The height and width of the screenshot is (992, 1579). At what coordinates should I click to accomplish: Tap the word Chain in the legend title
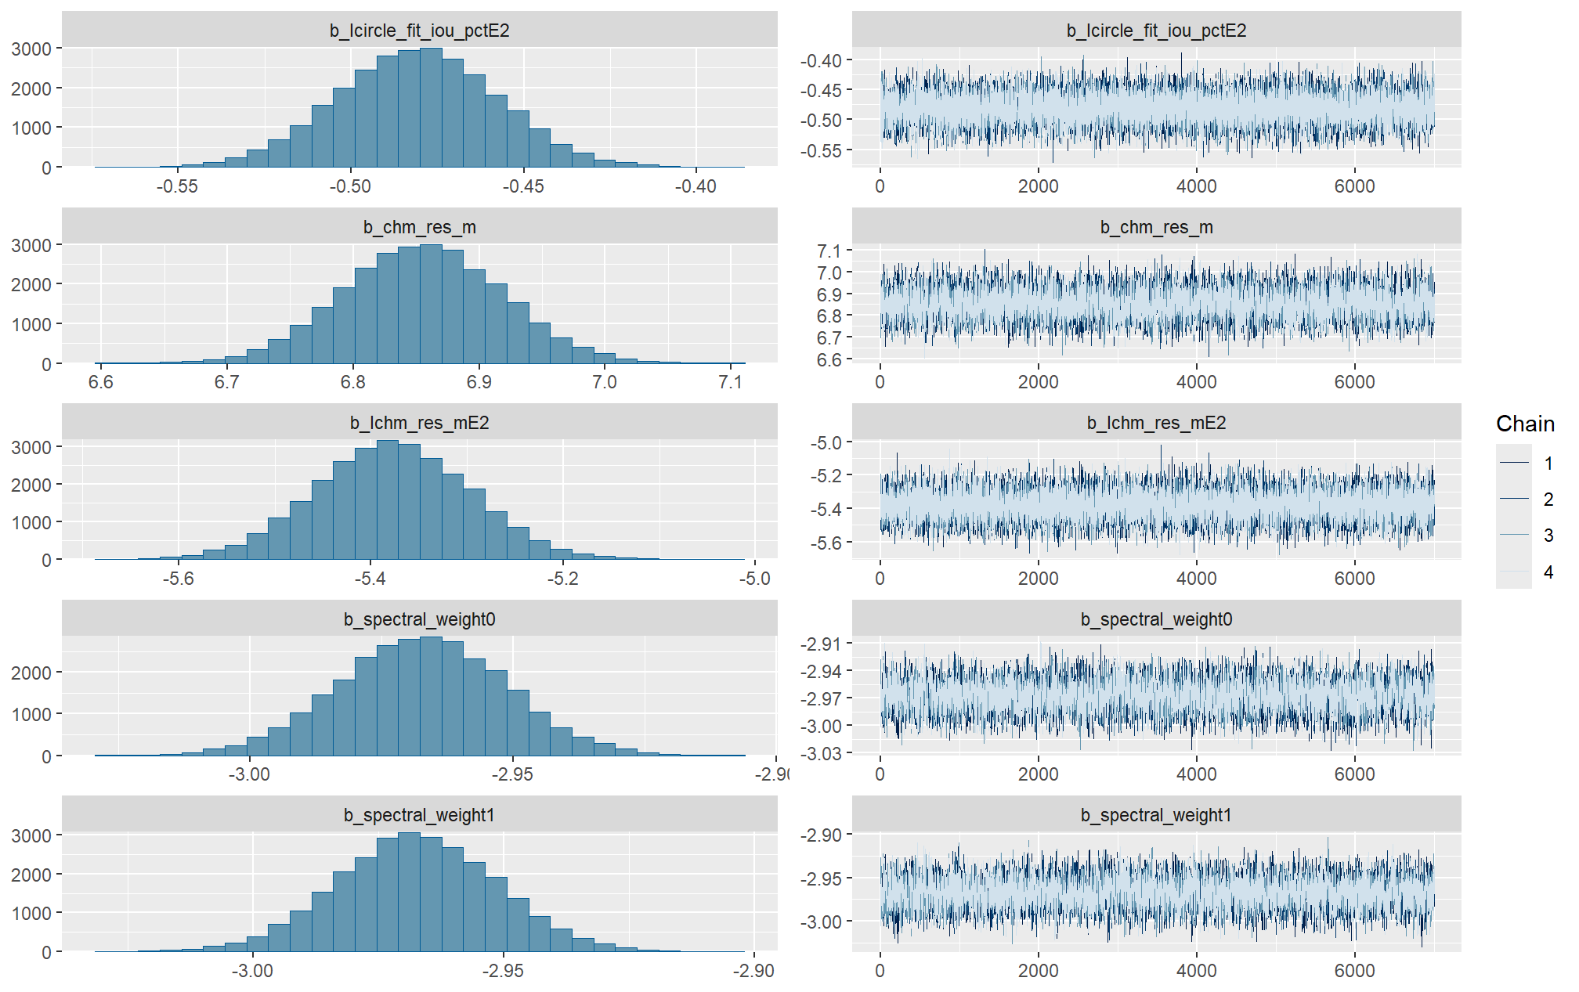[1524, 424]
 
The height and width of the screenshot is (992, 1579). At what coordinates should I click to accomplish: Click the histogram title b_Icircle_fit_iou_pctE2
[419, 31]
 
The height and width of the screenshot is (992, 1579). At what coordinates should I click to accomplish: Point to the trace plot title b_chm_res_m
[1156, 227]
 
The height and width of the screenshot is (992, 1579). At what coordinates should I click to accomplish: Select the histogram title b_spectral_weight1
[419, 815]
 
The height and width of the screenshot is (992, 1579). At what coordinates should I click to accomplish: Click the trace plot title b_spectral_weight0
[1156, 619]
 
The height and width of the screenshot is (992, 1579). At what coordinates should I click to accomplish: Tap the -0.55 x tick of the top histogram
[177, 186]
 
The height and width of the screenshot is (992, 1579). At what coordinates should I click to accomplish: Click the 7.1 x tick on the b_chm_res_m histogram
[730, 382]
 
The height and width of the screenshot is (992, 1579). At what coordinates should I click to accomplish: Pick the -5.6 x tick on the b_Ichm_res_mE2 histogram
[179, 579]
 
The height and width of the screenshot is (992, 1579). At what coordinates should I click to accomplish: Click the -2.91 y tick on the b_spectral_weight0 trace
[821, 644]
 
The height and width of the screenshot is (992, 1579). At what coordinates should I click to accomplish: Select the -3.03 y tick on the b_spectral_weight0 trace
[821, 753]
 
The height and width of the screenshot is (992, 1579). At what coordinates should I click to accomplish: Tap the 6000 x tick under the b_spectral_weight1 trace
[1354, 971]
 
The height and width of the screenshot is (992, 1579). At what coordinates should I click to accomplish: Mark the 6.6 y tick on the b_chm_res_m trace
[829, 360]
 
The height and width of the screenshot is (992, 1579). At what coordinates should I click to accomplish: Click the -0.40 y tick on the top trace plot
[821, 61]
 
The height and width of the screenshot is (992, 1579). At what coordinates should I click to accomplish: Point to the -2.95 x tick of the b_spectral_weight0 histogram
[512, 774]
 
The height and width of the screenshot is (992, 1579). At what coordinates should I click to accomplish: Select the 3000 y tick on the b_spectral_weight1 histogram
[31, 835]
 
